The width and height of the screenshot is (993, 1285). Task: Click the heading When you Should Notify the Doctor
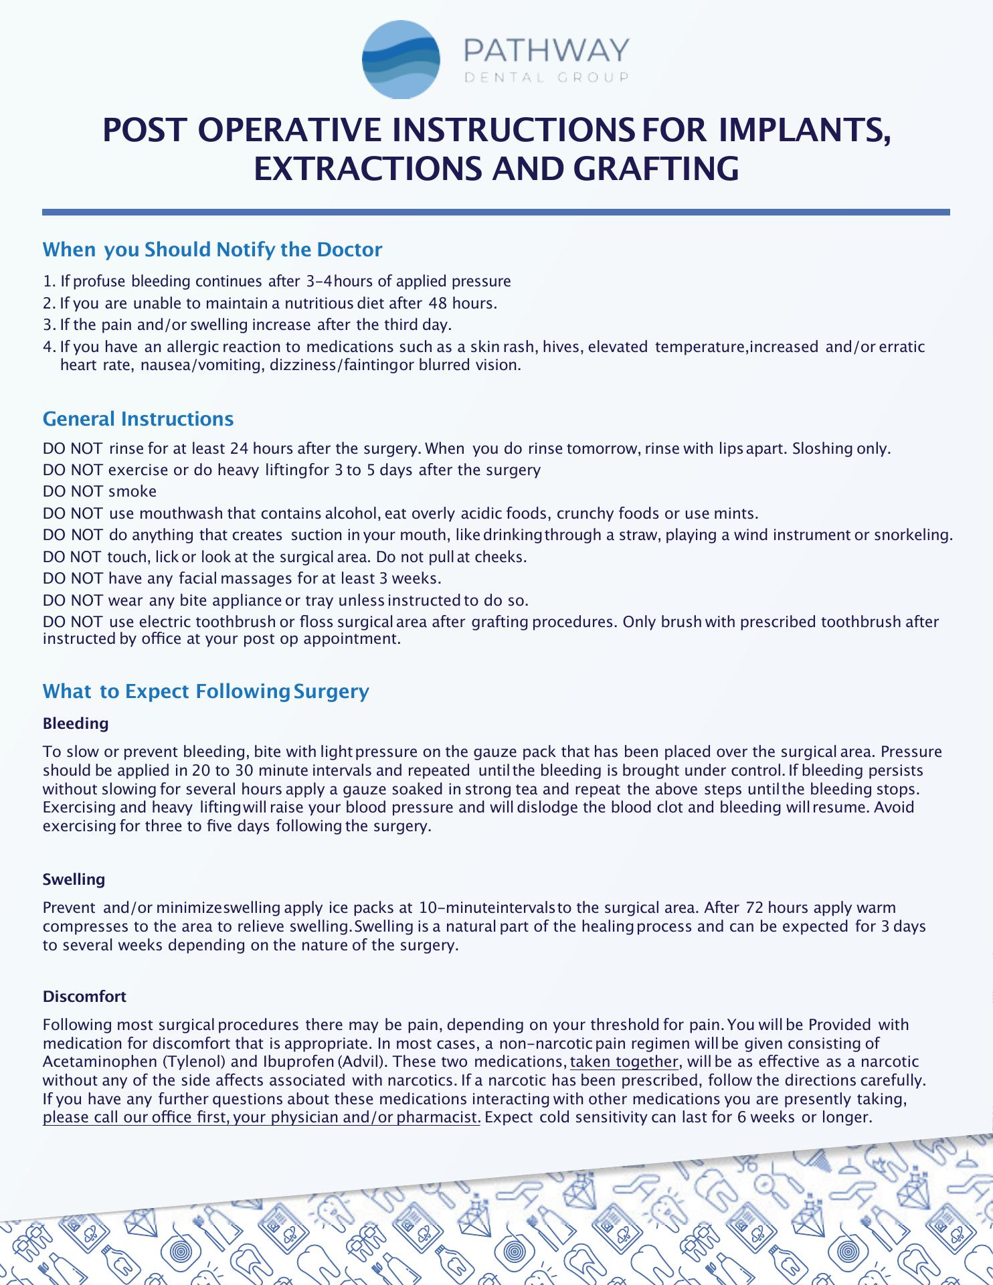coord(212,250)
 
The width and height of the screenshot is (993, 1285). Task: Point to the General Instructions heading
coord(138,419)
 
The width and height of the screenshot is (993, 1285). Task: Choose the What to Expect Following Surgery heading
coord(205,691)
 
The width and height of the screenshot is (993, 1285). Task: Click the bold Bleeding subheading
coord(76,723)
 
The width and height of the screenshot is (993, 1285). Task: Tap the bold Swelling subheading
coord(74,879)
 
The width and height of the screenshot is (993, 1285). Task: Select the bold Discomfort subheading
coord(84,997)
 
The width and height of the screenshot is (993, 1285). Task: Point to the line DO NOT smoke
coord(100,491)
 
